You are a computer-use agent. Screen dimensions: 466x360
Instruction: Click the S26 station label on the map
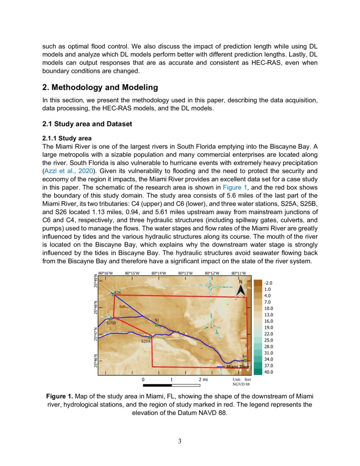coord(118,292)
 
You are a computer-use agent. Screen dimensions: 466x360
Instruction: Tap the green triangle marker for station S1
coord(157,325)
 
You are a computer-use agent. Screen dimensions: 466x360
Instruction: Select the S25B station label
coord(111,323)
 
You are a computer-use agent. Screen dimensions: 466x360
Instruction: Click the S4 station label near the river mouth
coord(244,356)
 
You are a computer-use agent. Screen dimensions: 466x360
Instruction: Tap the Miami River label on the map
coord(238,367)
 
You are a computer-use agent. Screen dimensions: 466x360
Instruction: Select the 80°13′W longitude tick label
coord(186,273)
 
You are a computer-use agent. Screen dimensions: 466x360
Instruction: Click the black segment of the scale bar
coord(157,386)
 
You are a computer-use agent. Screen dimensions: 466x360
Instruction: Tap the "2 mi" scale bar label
coord(203,380)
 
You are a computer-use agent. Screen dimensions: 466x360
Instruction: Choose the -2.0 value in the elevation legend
coord(268,283)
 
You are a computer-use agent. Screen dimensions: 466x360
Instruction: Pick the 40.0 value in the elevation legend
coord(269,372)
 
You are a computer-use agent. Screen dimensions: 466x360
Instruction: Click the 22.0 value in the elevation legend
coord(269,334)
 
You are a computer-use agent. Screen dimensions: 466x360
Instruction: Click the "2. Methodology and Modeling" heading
coord(100,88)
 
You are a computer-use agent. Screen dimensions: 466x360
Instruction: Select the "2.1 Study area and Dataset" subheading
coord(87,124)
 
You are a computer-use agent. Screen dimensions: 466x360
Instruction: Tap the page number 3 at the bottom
coord(180,441)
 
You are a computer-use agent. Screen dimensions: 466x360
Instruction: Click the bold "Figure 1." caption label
coord(59,397)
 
